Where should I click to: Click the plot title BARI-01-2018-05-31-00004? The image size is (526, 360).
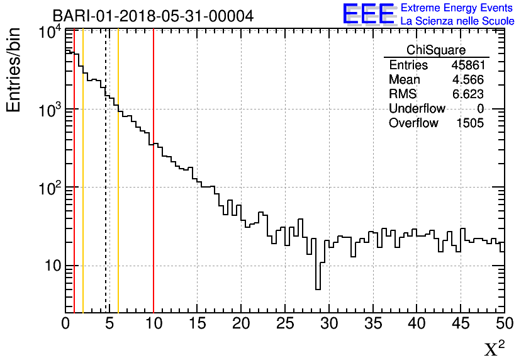point(153,16)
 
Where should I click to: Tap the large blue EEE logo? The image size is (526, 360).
point(369,14)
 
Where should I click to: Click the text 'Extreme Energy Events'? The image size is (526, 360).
point(457,8)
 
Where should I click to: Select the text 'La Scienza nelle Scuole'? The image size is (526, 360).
point(457,21)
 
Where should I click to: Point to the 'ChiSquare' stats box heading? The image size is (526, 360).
point(436,50)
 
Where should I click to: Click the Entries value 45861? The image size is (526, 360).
point(467,65)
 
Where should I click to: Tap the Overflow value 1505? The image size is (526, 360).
point(470,123)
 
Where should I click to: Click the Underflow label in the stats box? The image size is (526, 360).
point(417,109)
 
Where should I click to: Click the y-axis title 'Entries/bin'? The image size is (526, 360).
point(14,70)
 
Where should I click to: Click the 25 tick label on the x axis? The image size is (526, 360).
point(285,324)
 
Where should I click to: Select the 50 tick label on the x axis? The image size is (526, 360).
point(504,324)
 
